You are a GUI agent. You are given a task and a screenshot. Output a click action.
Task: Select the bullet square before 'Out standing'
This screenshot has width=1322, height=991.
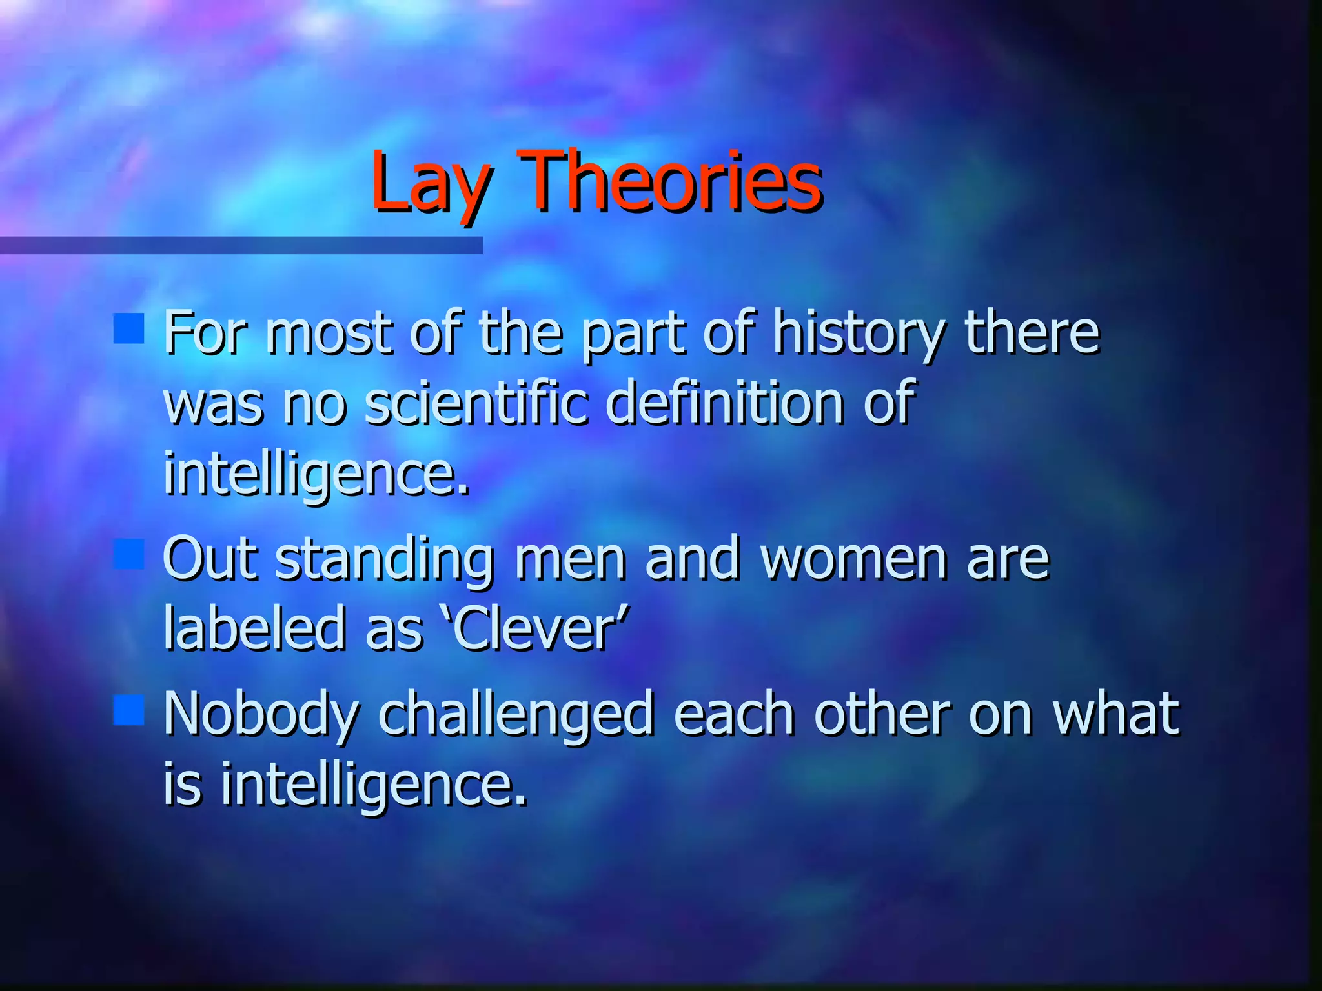click(x=128, y=554)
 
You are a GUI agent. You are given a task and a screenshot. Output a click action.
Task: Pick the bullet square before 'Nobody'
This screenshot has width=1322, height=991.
click(x=128, y=709)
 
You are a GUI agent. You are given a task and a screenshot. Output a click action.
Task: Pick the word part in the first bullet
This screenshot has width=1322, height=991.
click(x=633, y=335)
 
